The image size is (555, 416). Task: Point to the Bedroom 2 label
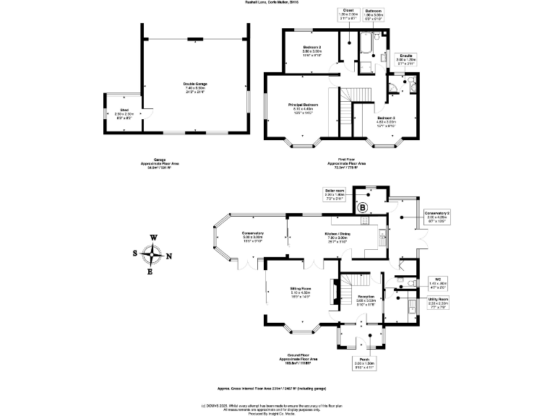pyautogui.click(x=311, y=49)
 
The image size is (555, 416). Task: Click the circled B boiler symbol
pyautogui.click(x=364, y=208)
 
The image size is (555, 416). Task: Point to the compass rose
pyautogui.click(x=152, y=254)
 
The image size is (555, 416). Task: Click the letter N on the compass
pyautogui.click(x=168, y=256)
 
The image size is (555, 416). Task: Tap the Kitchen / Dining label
pyautogui.click(x=337, y=235)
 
